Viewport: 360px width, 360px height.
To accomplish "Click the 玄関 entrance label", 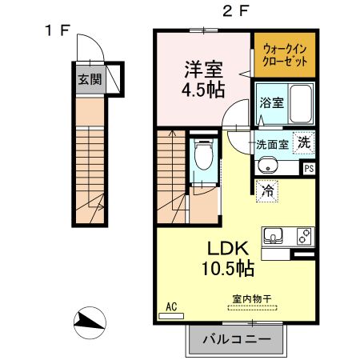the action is tap(90, 79).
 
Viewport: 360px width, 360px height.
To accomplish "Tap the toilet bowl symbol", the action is tap(204, 154).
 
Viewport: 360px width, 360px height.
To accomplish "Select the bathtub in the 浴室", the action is tap(301, 103).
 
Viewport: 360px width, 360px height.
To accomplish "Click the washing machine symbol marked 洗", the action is tap(304, 142).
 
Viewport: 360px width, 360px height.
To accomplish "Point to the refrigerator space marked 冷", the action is tap(267, 191).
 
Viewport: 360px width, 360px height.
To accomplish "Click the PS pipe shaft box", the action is tap(309, 169).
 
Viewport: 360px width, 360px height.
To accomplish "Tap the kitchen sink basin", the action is tap(273, 235).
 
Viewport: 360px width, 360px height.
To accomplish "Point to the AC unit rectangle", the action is tap(171, 316).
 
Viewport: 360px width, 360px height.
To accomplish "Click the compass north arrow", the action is tap(90, 322).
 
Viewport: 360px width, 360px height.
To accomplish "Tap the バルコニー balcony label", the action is tap(237, 339).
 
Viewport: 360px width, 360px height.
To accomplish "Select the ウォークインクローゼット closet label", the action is tap(285, 55).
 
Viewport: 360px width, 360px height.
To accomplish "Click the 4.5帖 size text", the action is tap(203, 90).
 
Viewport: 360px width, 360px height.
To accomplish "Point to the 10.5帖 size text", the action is tap(228, 268).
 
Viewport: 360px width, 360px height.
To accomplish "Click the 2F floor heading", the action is tap(235, 11).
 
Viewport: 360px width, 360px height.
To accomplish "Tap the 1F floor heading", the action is tap(58, 30).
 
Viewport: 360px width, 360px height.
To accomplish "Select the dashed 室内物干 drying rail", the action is tap(253, 308).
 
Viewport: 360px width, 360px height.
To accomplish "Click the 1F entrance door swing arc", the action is tap(94, 42).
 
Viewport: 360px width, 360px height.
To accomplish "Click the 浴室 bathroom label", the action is tap(272, 102).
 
